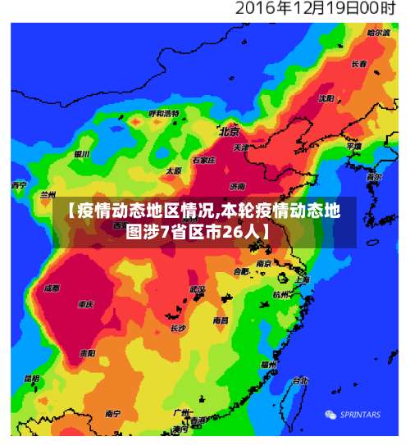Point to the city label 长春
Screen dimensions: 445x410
[x=359, y=63]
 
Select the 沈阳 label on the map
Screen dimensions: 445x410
[x=326, y=98]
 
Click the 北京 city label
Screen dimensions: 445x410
[x=229, y=131]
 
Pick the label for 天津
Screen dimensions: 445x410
[x=241, y=148]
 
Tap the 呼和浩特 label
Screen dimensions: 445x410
[x=163, y=113]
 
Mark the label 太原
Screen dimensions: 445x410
[x=174, y=170]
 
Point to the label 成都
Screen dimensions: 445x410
[x=51, y=288]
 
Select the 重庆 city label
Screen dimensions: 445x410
[x=85, y=304]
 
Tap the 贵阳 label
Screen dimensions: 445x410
[x=87, y=353]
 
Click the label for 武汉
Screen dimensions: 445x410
[x=197, y=289]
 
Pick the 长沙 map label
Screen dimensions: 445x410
[x=178, y=328]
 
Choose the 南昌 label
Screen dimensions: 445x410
[x=221, y=320]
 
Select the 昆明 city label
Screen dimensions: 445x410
[x=31, y=379]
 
